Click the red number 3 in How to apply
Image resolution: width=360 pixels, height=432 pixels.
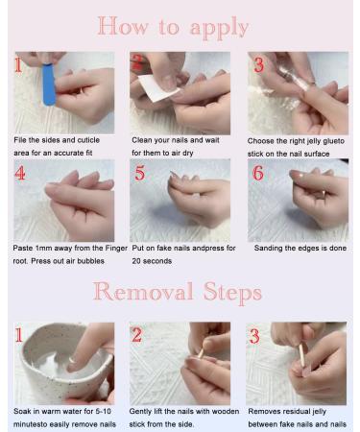pyautogui.click(x=259, y=66)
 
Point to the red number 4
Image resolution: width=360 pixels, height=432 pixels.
pyautogui.click(x=20, y=176)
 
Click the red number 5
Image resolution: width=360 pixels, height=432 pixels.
pyautogui.click(x=140, y=176)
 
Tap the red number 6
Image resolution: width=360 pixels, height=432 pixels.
pyautogui.click(x=258, y=175)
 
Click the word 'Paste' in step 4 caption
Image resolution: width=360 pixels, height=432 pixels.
pyautogui.click(x=23, y=248)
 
